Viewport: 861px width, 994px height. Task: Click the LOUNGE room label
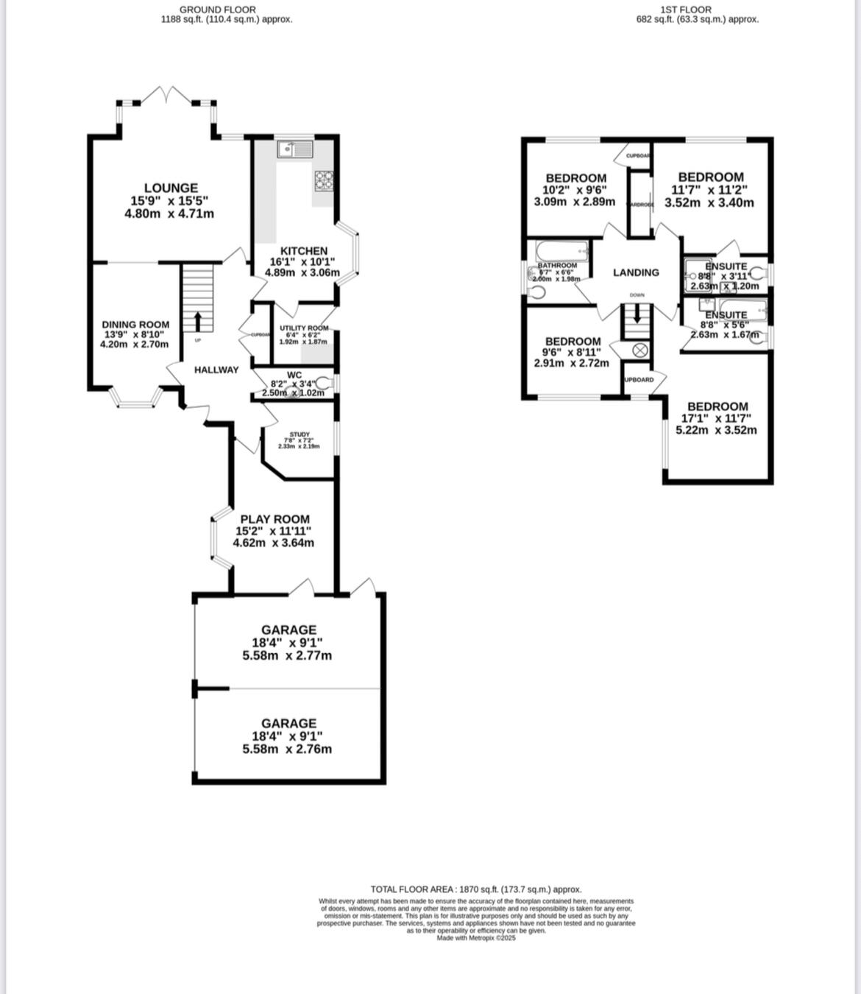171,188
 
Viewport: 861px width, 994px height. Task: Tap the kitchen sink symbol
294,149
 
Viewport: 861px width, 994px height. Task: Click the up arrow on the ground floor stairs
197,322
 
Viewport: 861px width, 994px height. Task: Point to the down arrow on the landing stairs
637,315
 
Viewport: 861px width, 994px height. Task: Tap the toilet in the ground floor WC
326,383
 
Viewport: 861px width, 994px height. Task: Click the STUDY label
300,434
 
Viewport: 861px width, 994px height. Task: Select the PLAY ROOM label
274,519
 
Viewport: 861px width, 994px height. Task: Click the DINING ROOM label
135,325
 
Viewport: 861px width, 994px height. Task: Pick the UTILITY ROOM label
304,328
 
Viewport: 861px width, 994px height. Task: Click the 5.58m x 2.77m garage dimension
287,655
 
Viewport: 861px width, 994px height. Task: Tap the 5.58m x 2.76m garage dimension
287,749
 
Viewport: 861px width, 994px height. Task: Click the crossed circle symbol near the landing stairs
639,350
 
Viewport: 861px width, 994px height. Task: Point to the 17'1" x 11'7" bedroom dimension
716,418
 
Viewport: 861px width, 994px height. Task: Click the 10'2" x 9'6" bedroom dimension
575,189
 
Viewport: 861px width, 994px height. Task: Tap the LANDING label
636,272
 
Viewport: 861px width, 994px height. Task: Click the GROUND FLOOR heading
218,10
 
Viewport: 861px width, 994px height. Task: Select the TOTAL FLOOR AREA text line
475,889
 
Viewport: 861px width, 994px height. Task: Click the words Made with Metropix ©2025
476,938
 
